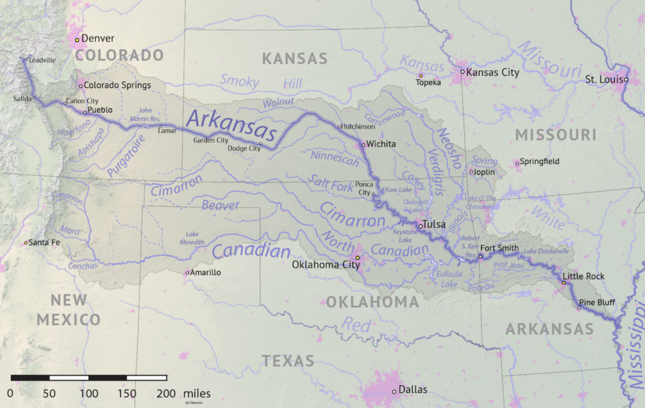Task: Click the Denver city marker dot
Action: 77,40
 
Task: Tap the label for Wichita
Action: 381,144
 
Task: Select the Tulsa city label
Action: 434,224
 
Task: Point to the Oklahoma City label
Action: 326,265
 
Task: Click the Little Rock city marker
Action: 564,283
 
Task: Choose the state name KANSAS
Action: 295,59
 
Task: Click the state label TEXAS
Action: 288,361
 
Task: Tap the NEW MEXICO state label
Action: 68,310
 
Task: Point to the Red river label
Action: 356,325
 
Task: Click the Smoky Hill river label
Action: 261,82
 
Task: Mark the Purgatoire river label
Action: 126,156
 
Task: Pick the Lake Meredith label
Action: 192,238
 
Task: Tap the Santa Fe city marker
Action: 26,243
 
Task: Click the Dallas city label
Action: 413,390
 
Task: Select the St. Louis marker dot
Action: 626,80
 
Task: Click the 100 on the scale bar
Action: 89,393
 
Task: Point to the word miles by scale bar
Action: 197,393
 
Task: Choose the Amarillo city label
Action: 205,273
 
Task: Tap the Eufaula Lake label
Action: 449,279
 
